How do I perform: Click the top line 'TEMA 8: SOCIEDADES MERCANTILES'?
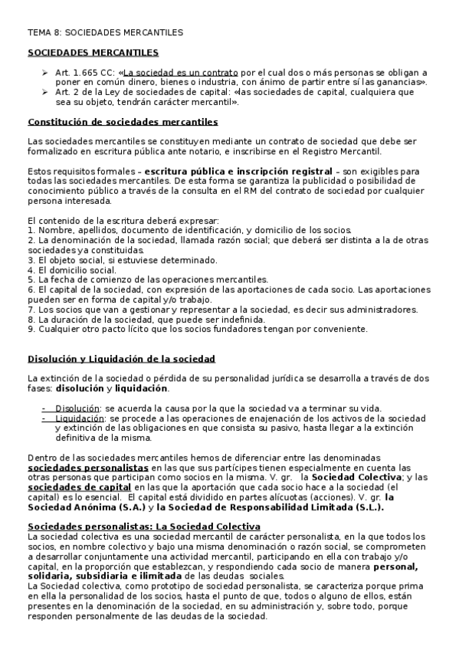105,34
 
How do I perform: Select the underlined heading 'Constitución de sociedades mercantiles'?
123,122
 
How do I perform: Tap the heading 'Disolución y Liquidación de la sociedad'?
121,359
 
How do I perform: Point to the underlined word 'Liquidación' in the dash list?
79,419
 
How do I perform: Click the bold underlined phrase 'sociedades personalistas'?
88,467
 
